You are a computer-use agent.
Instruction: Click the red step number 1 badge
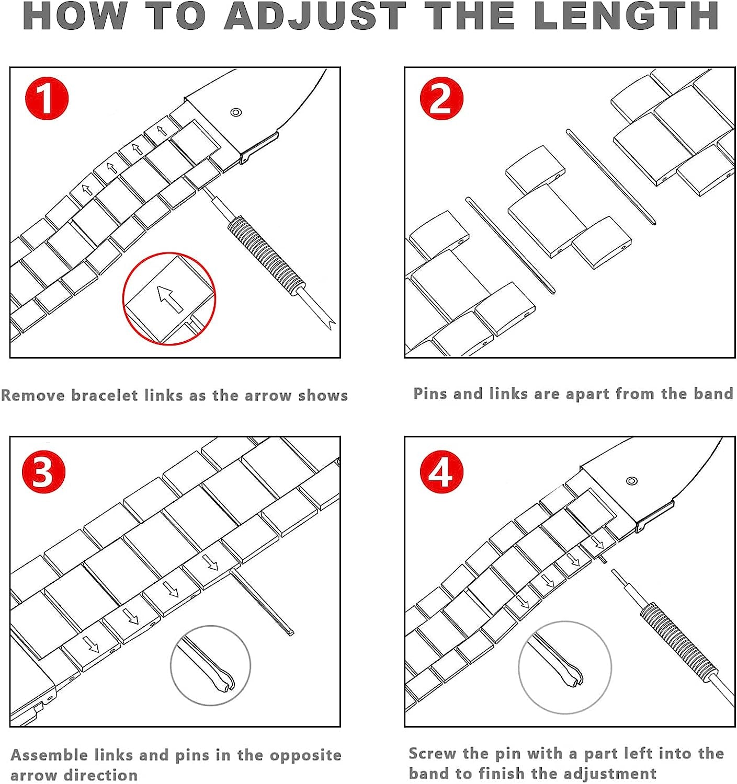[x=47, y=98]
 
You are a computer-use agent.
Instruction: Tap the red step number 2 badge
[x=441, y=98]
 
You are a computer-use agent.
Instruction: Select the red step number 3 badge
[x=43, y=472]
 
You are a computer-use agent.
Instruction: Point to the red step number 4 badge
[x=441, y=472]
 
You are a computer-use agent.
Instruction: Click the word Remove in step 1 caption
[x=33, y=395]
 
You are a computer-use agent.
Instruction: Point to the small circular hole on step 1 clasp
[x=235, y=112]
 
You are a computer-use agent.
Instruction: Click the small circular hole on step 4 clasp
[x=631, y=481]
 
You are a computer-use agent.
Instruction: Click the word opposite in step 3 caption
[x=305, y=755]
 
